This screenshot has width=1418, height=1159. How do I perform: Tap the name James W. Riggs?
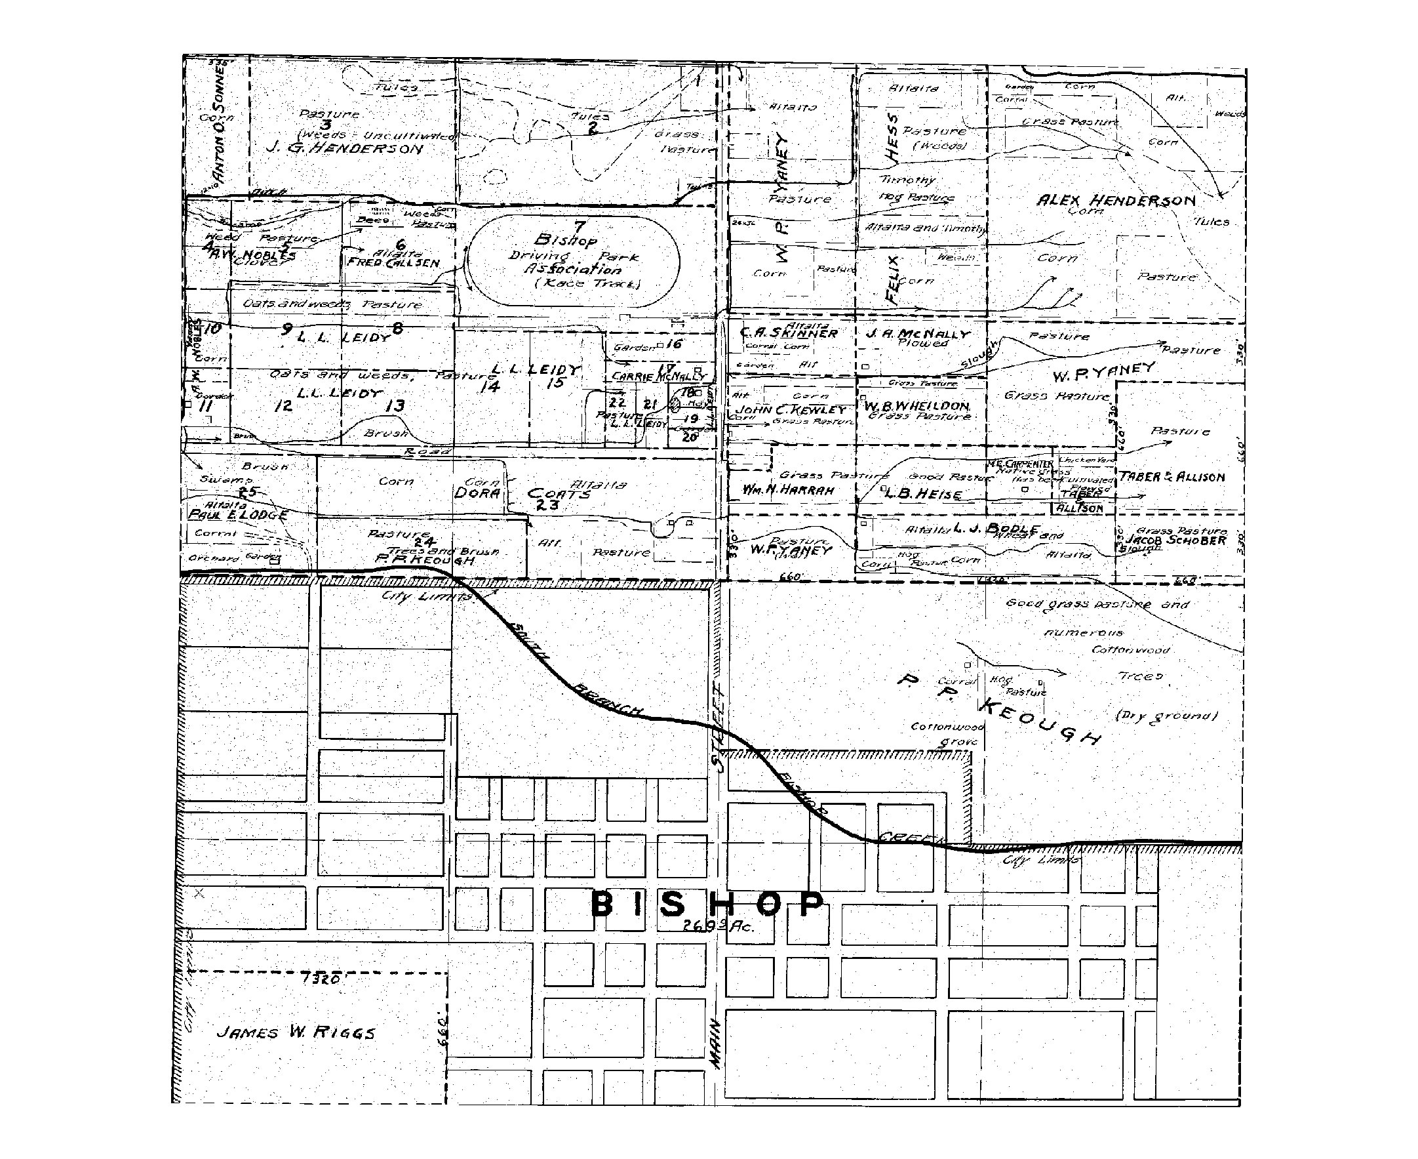point(296,1032)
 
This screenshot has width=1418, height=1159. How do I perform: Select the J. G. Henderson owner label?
point(344,148)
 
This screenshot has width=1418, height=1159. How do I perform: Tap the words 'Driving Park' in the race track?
point(573,256)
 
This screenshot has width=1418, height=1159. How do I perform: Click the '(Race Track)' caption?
point(588,283)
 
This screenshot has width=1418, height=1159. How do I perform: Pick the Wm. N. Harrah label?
point(788,490)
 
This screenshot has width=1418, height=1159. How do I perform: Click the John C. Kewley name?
point(790,409)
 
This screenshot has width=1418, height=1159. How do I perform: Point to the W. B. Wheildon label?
point(916,406)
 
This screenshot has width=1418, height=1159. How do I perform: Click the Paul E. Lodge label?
point(238,515)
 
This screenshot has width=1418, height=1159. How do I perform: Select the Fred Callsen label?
point(393,262)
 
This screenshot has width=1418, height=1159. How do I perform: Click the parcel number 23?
point(552,506)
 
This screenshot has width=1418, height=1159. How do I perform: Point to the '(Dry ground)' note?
point(1166,716)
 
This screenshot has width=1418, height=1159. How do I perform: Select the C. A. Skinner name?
point(789,333)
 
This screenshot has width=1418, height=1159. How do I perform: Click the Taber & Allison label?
point(1172,477)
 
